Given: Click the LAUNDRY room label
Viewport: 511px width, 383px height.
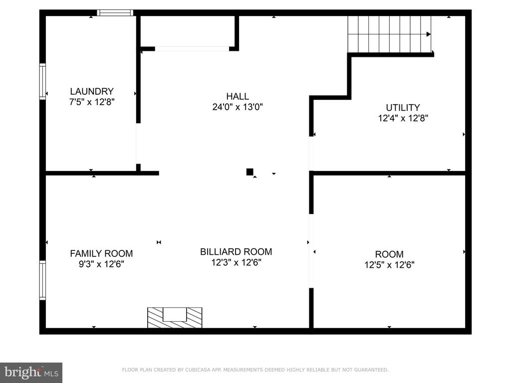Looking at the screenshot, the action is coord(92,91).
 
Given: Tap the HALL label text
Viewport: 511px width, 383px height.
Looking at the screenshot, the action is coord(238,96).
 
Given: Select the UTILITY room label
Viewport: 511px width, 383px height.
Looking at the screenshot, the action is coord(403,108).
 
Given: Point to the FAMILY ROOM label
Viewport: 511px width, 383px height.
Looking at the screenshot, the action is coord(101,253).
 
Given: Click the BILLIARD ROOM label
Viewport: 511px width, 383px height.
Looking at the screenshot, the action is coord(236,252).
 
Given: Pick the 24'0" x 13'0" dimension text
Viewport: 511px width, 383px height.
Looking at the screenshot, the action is coord(238,107).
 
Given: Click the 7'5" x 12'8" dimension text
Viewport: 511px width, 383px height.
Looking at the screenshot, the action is coord(92,102).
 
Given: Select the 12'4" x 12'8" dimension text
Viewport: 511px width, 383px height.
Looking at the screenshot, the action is coord(403,118).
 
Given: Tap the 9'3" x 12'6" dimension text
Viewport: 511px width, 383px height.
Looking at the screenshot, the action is coord(101,264).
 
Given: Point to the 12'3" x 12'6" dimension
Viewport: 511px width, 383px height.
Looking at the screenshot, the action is coord(236,262).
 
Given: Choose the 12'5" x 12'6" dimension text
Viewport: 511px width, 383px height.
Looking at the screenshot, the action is coord(389,265).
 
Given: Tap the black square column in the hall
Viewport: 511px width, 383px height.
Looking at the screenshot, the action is coord(250,172).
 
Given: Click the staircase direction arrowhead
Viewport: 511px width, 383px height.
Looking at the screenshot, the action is coord(429,34).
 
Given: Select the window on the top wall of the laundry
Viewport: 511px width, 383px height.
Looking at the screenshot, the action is coord(115,12).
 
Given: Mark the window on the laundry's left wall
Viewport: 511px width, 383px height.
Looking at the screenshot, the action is coord(42,81).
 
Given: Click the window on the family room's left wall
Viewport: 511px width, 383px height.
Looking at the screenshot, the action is coord(42,280).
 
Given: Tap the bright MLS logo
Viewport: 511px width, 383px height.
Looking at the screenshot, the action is coord(31,372).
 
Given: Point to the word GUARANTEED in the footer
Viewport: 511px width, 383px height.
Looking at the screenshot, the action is coord(371,370).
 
